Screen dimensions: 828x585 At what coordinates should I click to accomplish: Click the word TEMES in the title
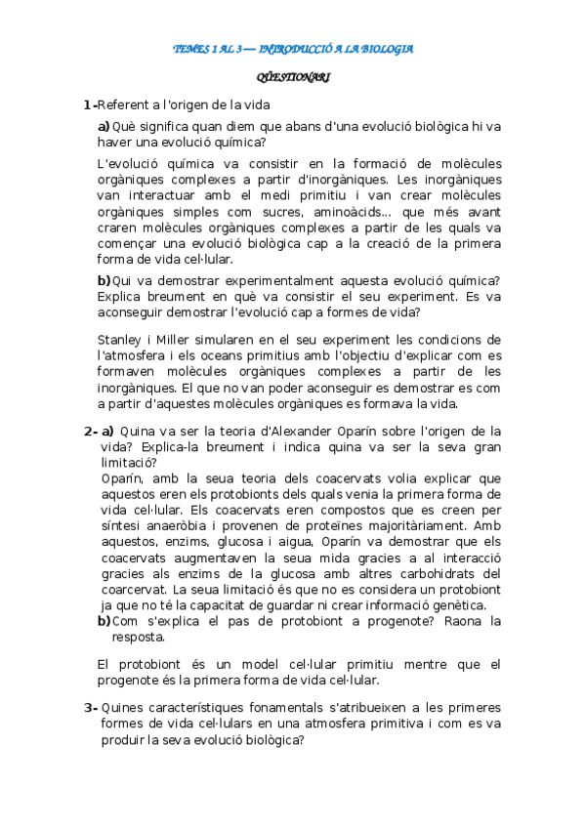pyautogui.click(x=190, y=49)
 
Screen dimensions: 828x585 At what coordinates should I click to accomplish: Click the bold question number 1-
pyautogui.click(x=90, y=105)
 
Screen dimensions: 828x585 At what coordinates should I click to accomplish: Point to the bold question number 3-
pyautogui.click(x=90, y=707)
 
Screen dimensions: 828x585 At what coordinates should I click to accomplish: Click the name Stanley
pyautogui.click(x=120, y=339)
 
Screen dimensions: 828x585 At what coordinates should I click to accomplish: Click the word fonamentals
pyautogui.click(x=275, y=707)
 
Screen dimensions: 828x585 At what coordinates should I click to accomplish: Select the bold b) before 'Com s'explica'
pyautogui.click(x=104, y=620)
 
